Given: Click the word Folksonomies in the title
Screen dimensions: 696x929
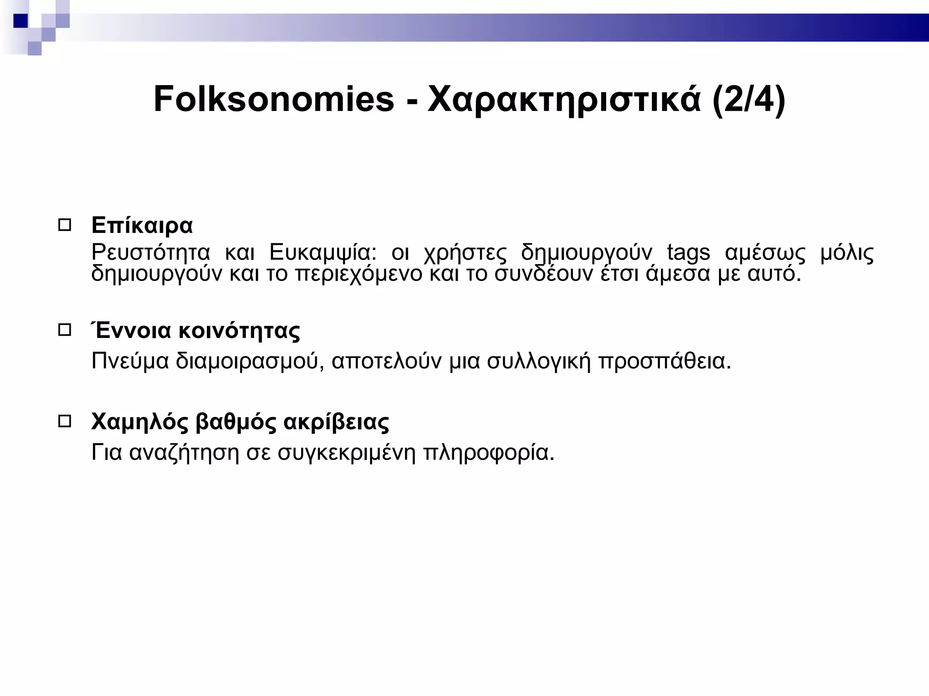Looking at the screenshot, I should click(x=274, y=99).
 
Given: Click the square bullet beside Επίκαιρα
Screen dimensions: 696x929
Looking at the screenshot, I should click(x=65, y=225).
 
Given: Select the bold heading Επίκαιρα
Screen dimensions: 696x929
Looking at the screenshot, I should click(x=142, y=225).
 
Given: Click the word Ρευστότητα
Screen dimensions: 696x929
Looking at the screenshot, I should click(x=151, y=252).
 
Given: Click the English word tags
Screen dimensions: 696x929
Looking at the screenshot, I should click(x=688, y=253).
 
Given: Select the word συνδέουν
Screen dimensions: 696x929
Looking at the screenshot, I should click(x=543, y=274).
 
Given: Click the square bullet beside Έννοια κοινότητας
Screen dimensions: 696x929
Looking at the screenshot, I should click(x=65, y=330).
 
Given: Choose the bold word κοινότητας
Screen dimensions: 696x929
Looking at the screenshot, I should click(x=239, y=331).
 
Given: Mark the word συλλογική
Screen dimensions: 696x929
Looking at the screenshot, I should click(x=539, y=362).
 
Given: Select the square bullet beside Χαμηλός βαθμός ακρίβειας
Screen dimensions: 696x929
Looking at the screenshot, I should click(x=65, y=422).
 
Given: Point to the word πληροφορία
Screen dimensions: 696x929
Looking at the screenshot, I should click(x=489, y=452).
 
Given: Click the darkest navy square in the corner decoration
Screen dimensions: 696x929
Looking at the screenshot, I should click(x=21, y=21).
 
